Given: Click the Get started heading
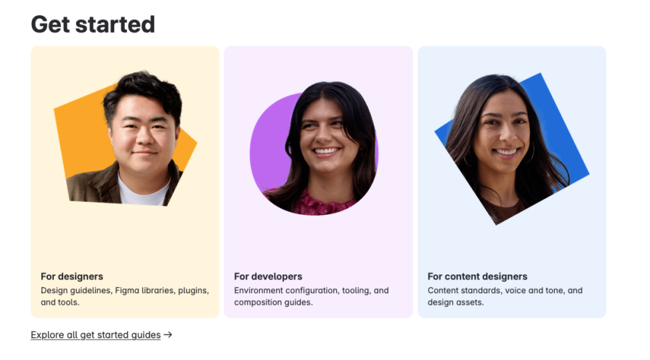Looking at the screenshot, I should point(93,24).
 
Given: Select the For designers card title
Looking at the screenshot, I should point(72,277).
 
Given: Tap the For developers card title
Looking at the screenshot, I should point(268,277).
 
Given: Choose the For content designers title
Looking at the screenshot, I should point(477,277).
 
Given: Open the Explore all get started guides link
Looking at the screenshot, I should point(95,335).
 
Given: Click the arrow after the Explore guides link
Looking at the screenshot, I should point(168,335).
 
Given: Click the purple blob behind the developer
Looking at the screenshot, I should point(266,145).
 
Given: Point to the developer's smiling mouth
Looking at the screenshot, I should point(326,152).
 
